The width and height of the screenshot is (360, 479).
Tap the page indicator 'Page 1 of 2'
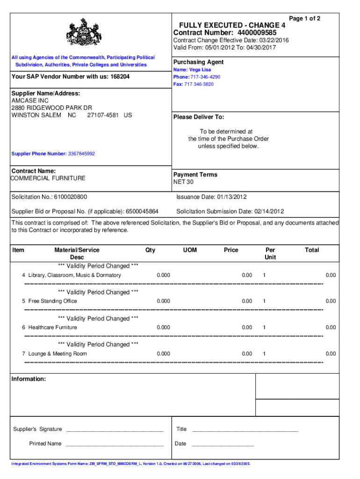click(x=304, y=19)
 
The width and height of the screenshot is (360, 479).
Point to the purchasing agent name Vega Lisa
click(x=200, y=70)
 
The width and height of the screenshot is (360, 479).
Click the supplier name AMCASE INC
click(x=30, y=101)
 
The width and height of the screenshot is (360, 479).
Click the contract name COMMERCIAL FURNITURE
click(x=49, y=178)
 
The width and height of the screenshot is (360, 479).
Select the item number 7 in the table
click(x=23, y=354)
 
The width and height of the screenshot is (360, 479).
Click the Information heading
click(x=29, y=379)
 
